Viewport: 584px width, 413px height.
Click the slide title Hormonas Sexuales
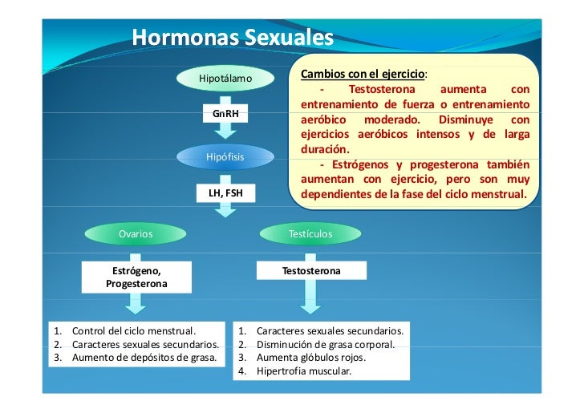[232, 38]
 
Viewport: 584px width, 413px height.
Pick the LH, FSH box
[225, 193]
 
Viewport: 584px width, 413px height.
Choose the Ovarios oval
[136, 233]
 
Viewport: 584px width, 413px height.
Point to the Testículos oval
[310, 233]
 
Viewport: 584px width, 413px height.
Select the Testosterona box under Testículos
[310, 272]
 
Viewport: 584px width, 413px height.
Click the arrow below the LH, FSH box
[225, 211]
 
